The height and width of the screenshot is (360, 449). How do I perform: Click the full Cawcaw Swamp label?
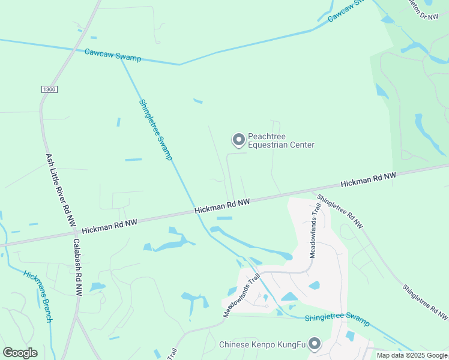point(113,55)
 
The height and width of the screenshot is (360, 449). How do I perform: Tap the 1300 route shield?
point(49,89)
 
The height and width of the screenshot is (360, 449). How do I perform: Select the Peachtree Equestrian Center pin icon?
point(238,140)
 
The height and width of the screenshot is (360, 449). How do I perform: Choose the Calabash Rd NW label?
point(77,267)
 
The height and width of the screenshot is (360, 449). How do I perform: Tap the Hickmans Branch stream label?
point(38,296)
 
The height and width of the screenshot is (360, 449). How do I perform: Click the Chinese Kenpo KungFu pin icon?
point(314,344)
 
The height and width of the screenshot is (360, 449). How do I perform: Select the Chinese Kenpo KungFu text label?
point(262,344)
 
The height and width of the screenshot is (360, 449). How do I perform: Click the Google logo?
point(20,353)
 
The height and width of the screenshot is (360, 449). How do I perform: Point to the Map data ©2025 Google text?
point(412,355)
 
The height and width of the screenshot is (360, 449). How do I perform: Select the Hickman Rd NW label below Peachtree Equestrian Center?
point(222,206)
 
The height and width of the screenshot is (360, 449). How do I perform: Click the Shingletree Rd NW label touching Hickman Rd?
point(340,211)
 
